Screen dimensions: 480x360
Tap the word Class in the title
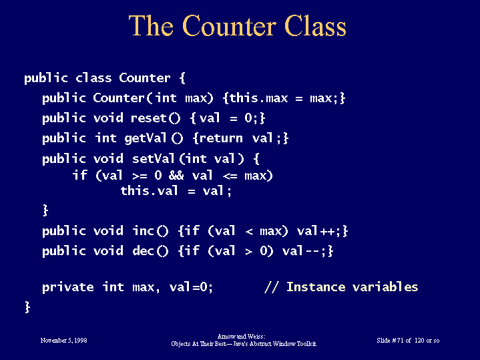coord(315,26)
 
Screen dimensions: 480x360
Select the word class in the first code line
coord(93,78)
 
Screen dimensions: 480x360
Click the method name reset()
coord(156,118)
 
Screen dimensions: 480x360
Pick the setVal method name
coord(153,159)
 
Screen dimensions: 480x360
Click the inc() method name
coord(150,230)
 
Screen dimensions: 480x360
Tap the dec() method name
coord(150,251)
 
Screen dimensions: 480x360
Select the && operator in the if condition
coord(176,176)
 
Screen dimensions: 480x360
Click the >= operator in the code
coord(140,176)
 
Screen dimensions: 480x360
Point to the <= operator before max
coord(230,176)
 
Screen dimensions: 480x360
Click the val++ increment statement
coord(318,230)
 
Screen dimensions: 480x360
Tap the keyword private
coord(68,287)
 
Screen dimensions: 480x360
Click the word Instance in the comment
coord(316,287)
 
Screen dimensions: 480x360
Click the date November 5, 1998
coord(63,341)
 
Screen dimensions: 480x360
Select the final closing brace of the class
coord(27,307)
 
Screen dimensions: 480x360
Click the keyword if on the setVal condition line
coord(79,175)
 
